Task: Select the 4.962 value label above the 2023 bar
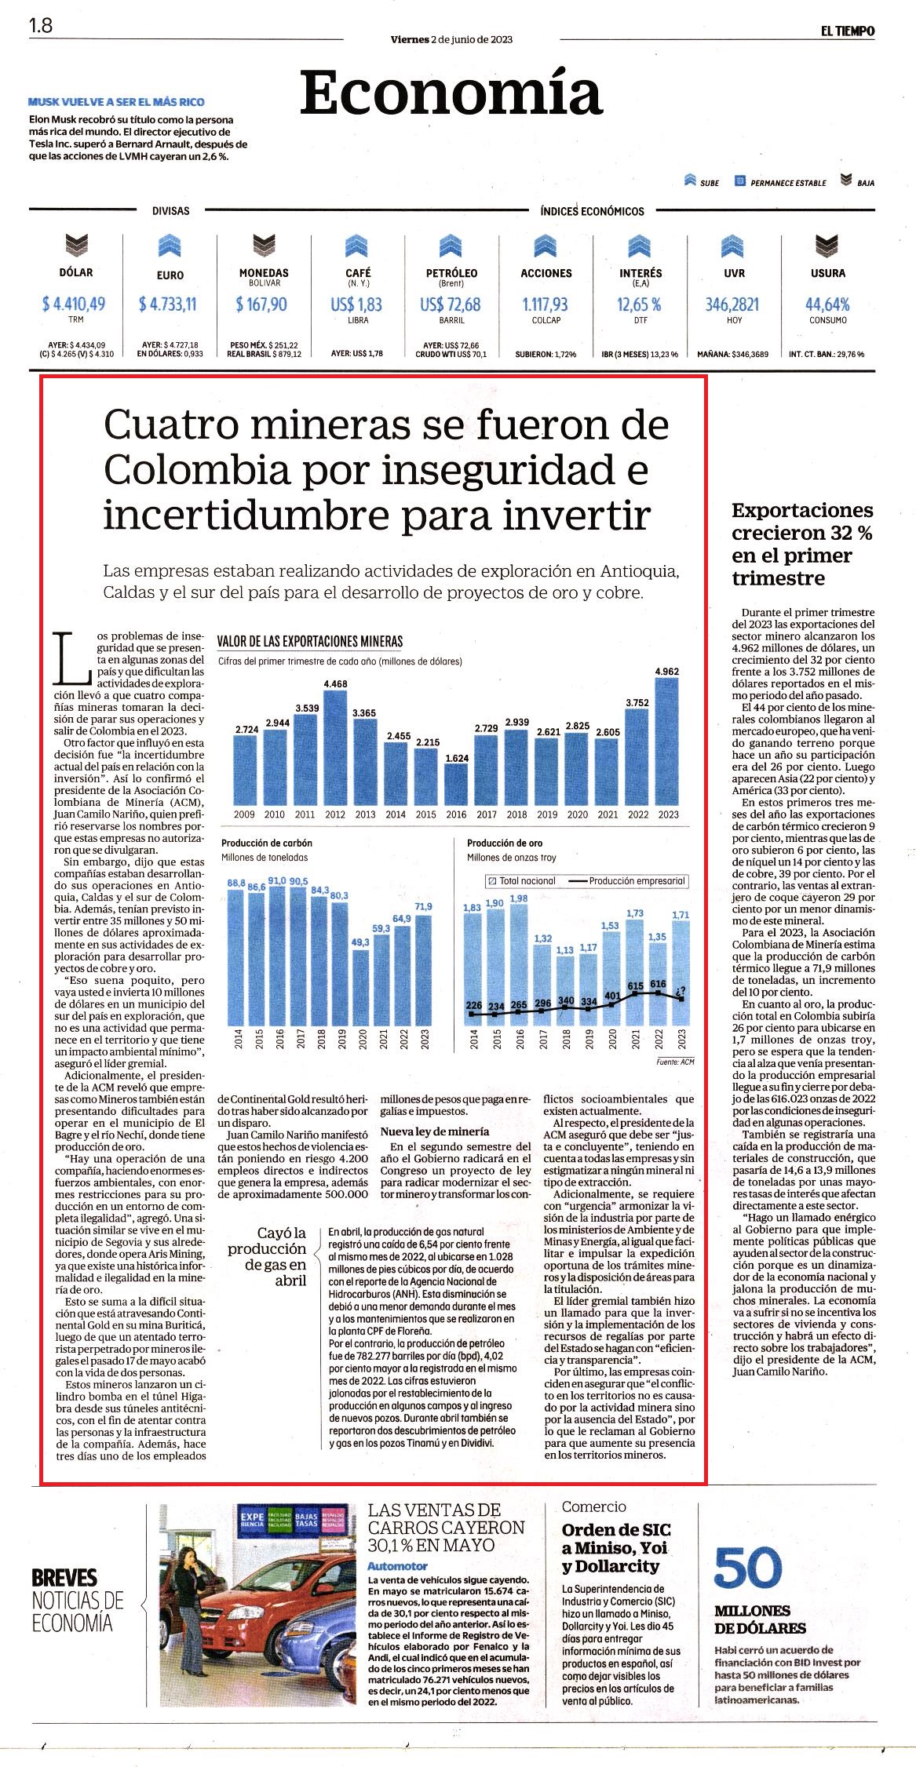click(667, 671)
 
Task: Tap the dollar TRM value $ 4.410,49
click(74, 304)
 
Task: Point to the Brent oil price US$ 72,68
click(451, 304)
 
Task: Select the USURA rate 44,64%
click(827, 304)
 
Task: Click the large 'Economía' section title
click(451, 92)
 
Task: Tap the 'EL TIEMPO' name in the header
click(848, 31)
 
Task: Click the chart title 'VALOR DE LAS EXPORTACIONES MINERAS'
click(310, 641)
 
